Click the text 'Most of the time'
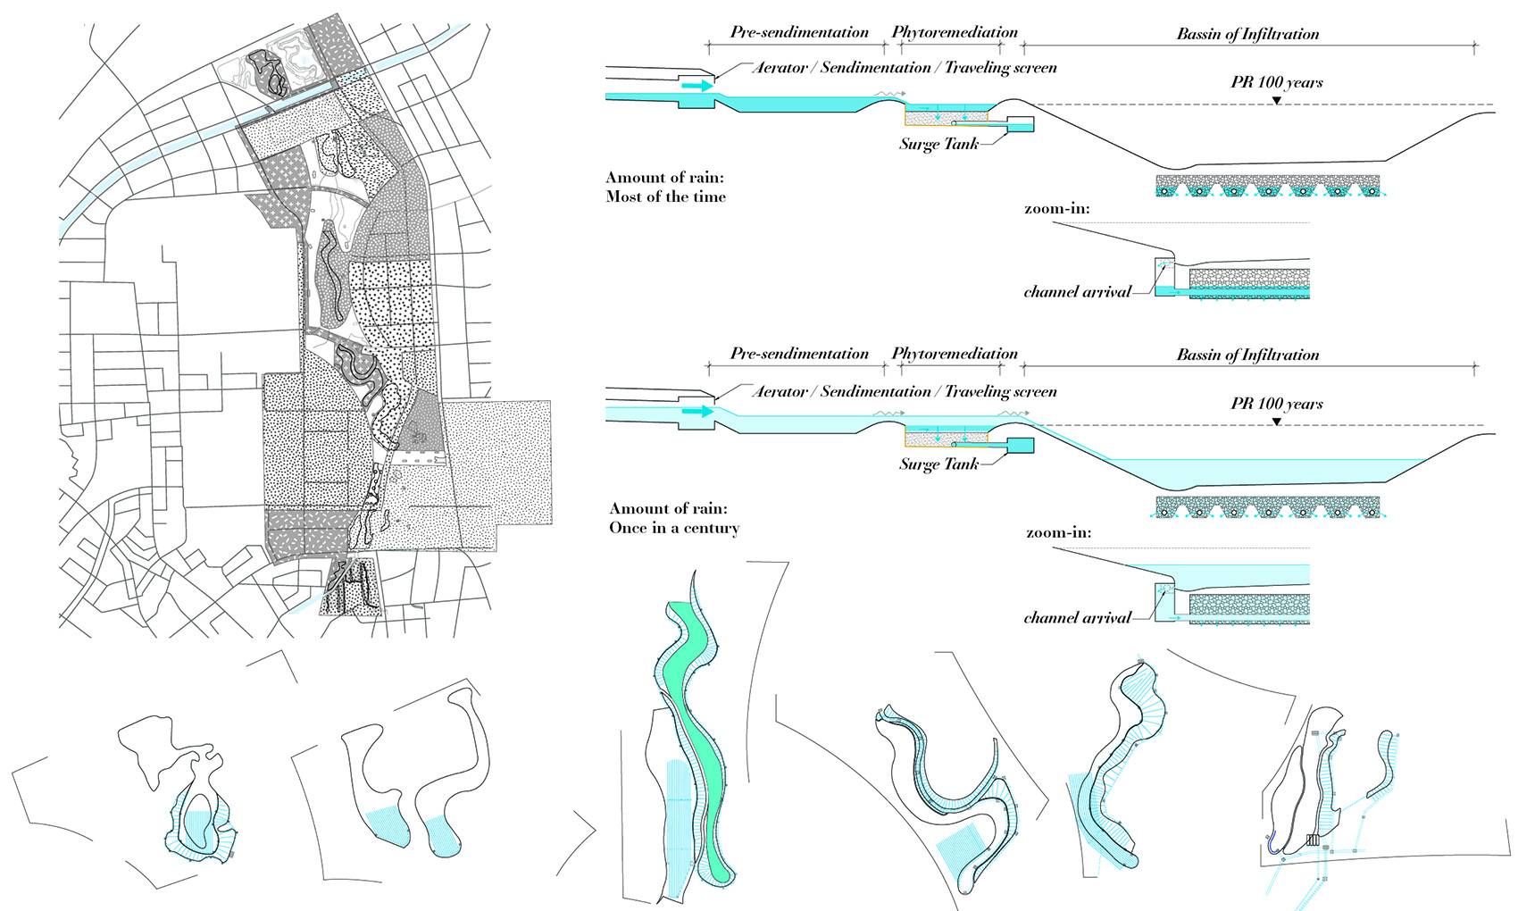click(665, 196)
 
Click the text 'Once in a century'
click(674, 528)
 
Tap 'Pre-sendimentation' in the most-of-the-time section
click(799, 32)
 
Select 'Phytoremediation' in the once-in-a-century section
click(955, 353)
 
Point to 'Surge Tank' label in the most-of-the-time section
click(938, 143)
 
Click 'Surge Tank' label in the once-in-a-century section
click(938, 464)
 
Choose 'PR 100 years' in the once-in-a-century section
click(1277, 404)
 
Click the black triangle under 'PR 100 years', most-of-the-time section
click(1277, 101)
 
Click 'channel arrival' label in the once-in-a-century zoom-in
click(1077, 617)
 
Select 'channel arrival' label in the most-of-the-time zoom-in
click(1077, 292)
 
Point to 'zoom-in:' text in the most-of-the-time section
click(1058, 209)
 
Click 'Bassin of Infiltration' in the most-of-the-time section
click(1247, 34)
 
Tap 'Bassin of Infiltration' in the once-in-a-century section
click(1247, 355)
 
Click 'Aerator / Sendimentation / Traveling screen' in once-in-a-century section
click(904, 391)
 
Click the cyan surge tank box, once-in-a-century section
click(1020, 445)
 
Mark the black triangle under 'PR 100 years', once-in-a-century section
click(1277, 421)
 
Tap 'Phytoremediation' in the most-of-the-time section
click(955, 32)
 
